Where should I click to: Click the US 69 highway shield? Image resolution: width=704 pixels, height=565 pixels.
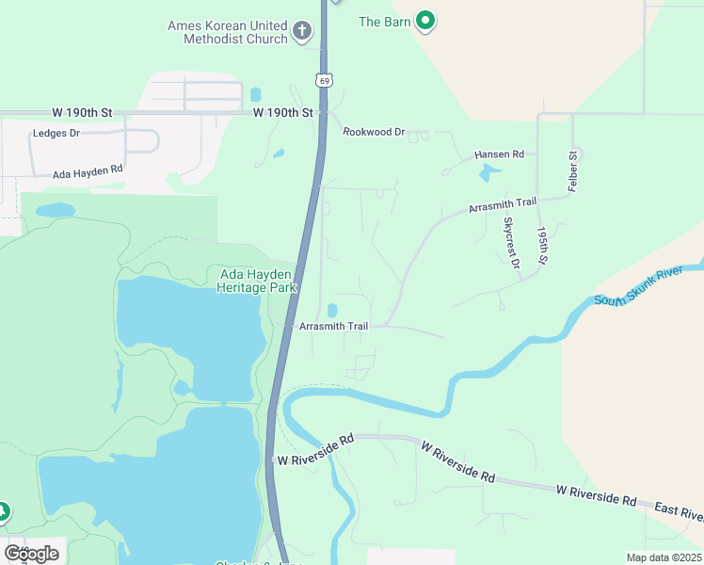[324, 81]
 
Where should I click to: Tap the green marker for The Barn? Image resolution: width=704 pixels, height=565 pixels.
[425, 20]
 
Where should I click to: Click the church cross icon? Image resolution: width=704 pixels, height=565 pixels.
[302, 32]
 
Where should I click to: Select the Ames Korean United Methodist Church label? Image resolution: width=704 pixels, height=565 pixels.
[227, 32]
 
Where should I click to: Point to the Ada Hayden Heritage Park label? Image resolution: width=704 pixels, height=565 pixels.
[257, 281]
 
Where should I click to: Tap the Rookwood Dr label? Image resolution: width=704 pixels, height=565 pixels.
[374, 132]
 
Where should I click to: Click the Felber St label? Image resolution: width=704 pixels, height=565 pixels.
[571, 171]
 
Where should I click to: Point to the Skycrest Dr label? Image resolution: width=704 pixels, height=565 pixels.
[511, 243]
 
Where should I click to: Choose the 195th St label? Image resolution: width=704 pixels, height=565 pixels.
[541, 244]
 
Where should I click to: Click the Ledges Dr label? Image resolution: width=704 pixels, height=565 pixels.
[56, 134]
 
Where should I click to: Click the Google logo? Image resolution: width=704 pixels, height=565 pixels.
[32, 553]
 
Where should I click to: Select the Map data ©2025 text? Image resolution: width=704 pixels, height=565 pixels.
[664, 557]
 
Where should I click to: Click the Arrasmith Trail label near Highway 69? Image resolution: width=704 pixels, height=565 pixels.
[333, 327]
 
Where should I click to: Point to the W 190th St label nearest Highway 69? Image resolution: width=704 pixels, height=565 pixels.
[282, 112]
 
